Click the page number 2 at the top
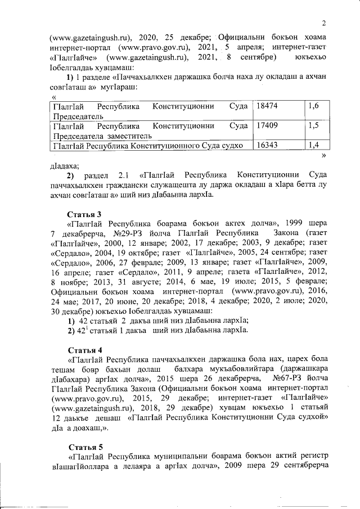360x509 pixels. tap(325, 22)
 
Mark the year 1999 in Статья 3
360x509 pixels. tap(295, 223)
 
